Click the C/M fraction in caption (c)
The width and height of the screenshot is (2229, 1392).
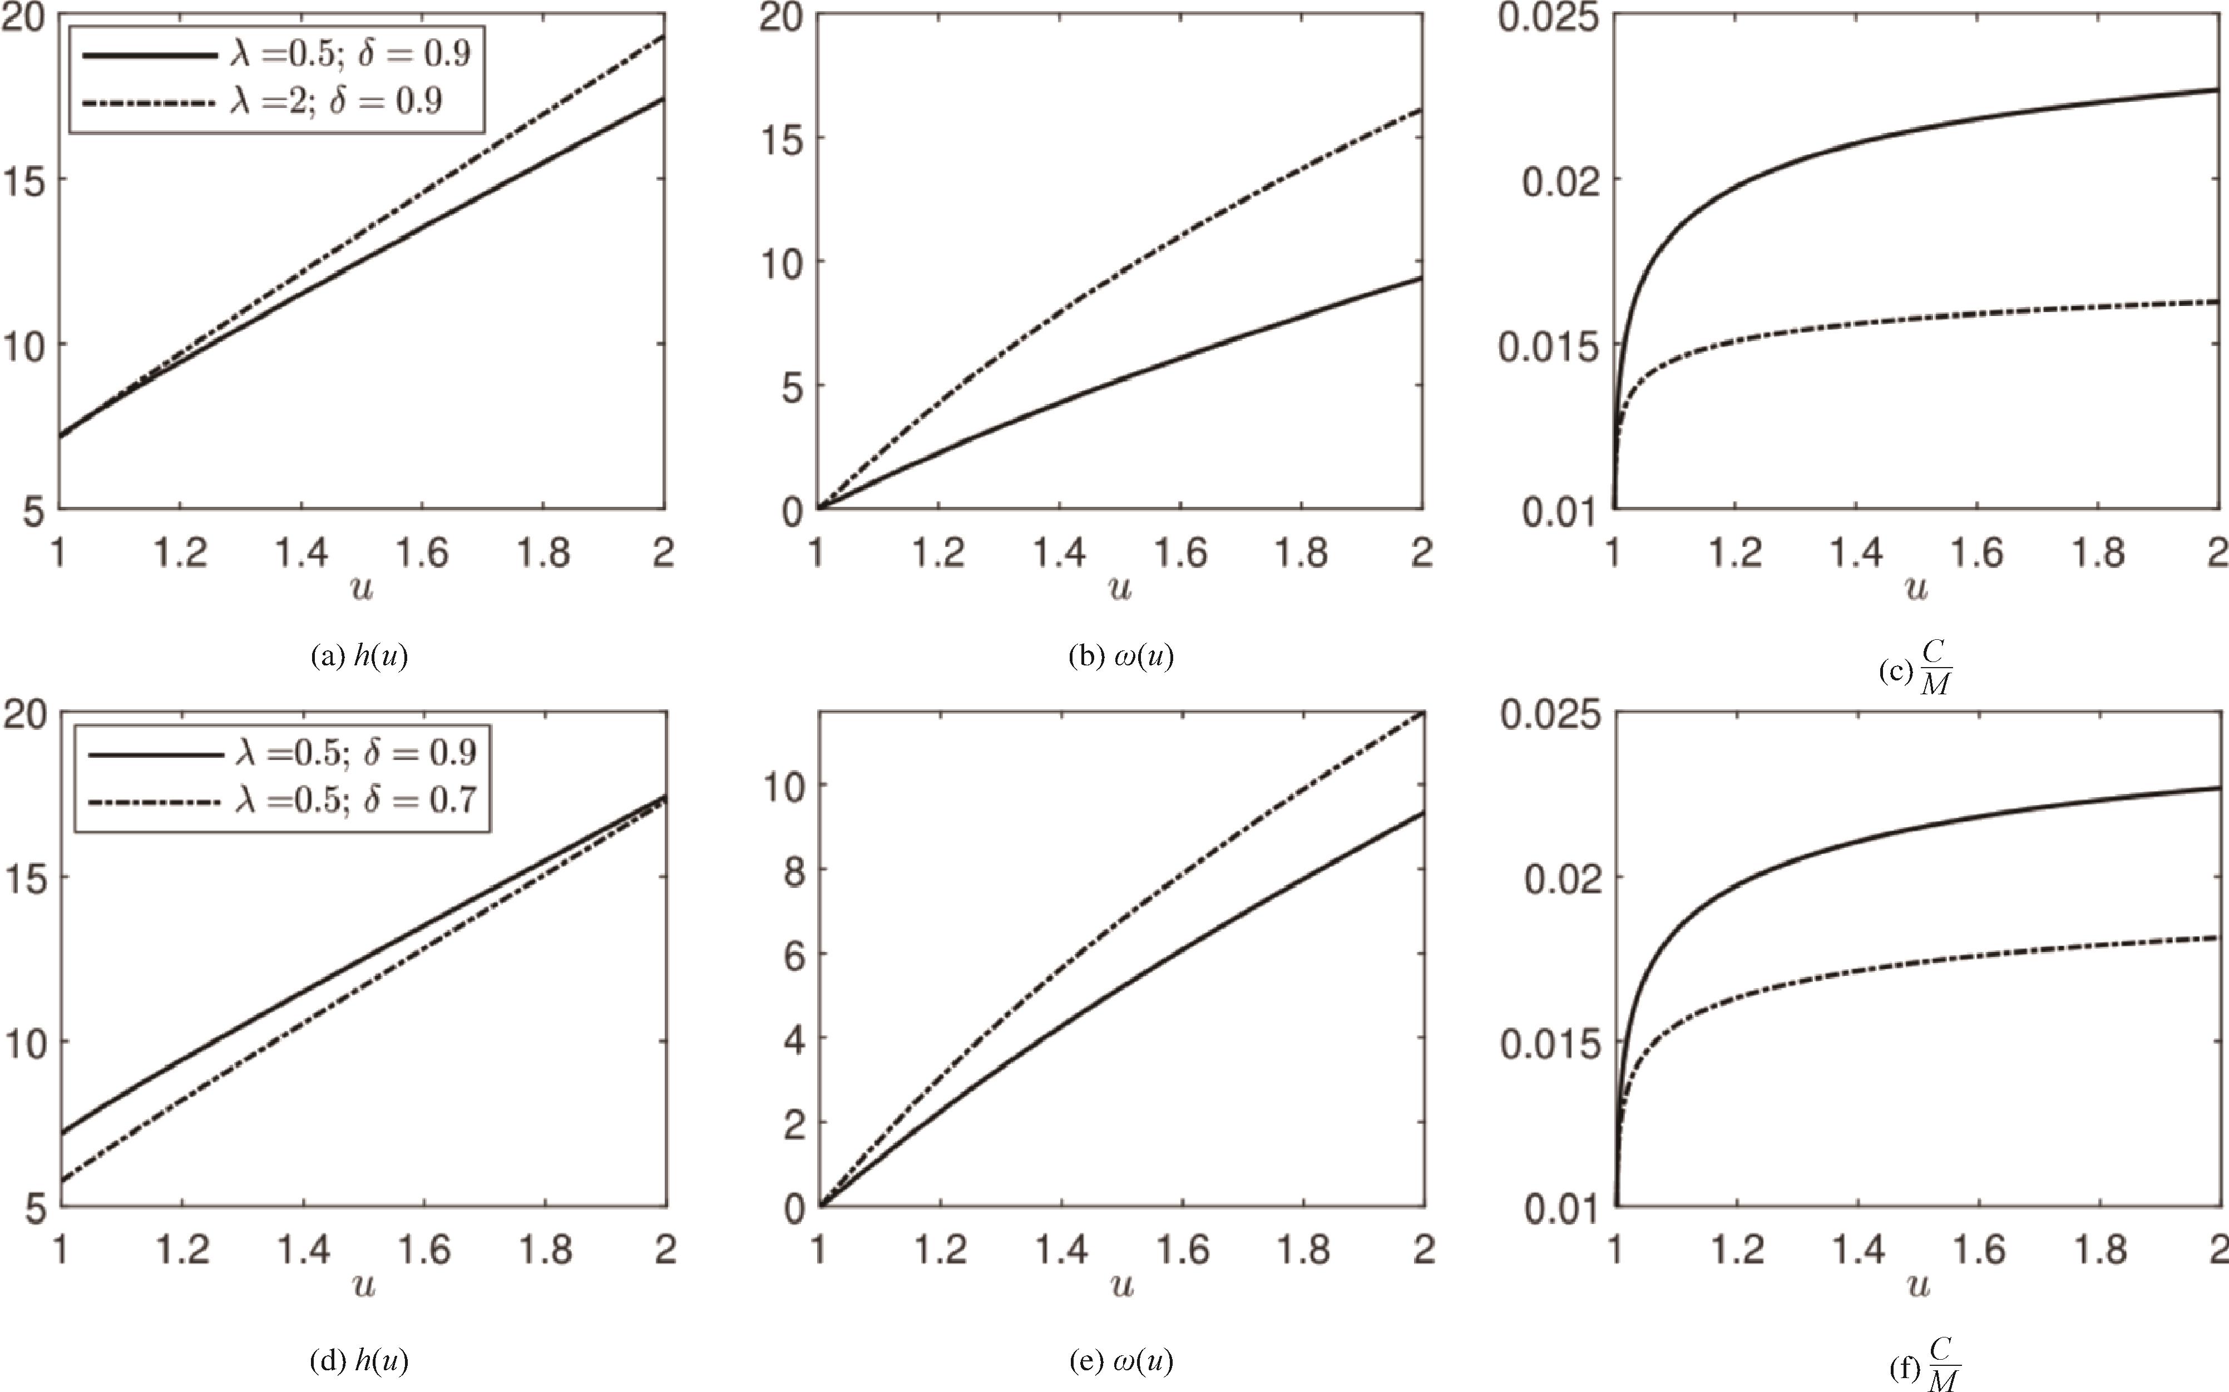[1935, 668]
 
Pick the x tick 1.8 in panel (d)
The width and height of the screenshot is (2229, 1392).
[545, 1250]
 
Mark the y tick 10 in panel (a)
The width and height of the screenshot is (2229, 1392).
[26, 345]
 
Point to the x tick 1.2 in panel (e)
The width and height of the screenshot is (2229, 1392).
[940, 1250]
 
